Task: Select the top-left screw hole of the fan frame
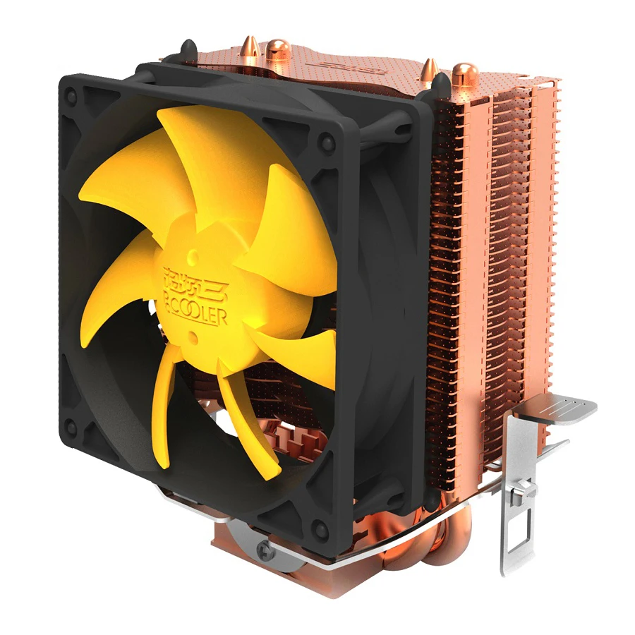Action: point(71,100)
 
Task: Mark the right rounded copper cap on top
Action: point(464,73)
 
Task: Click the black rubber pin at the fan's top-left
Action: point(189,52)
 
